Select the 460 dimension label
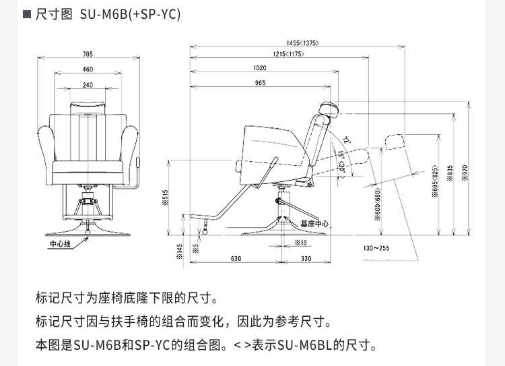click(88, 69)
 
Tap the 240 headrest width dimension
click(88, 85)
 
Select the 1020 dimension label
click(260, 68)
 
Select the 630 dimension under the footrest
click(236, 259)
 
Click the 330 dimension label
click(306, 259)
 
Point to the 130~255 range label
click(376, 249)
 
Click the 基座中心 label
click(314, 223)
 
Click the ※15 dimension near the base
click(300, 241)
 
